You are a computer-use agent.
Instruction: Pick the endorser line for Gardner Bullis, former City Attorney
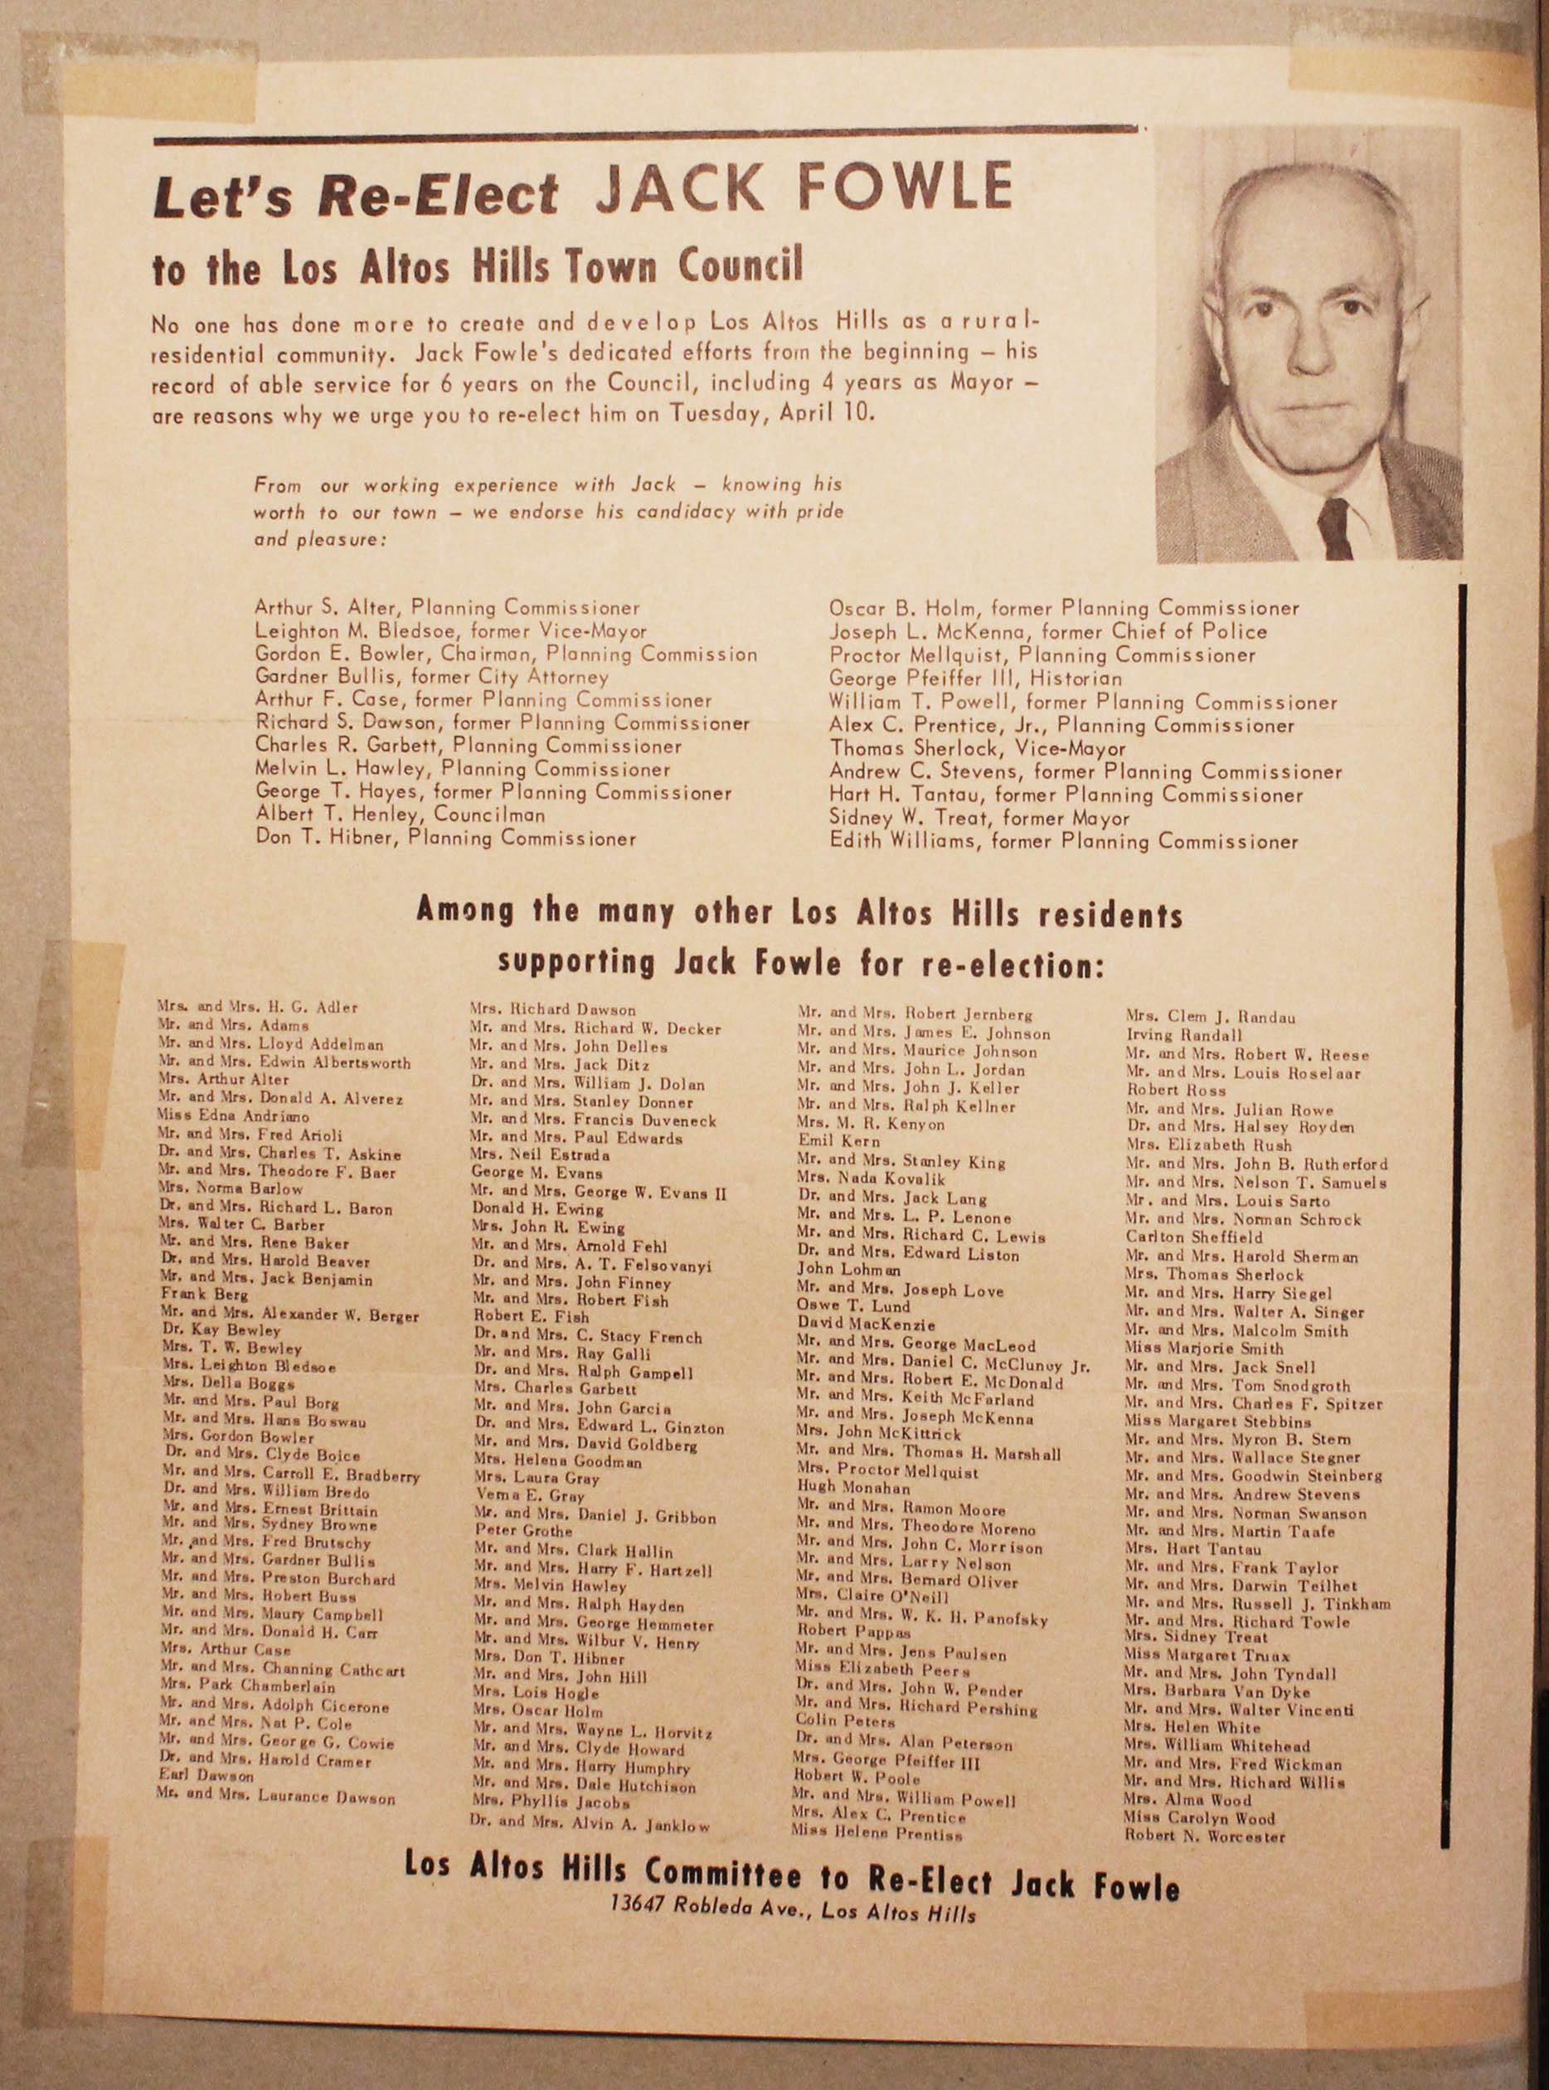pos(431,677)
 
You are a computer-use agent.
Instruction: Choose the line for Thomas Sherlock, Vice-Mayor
pos(977,748)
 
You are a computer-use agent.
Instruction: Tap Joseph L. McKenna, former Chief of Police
pos(1047,632)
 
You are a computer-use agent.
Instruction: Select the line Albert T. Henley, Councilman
pos(400,814)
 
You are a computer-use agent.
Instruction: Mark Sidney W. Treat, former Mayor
pos(979,818)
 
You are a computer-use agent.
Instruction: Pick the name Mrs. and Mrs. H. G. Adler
pos(257,1008)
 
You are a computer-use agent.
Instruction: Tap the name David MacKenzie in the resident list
pos(866,1324)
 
